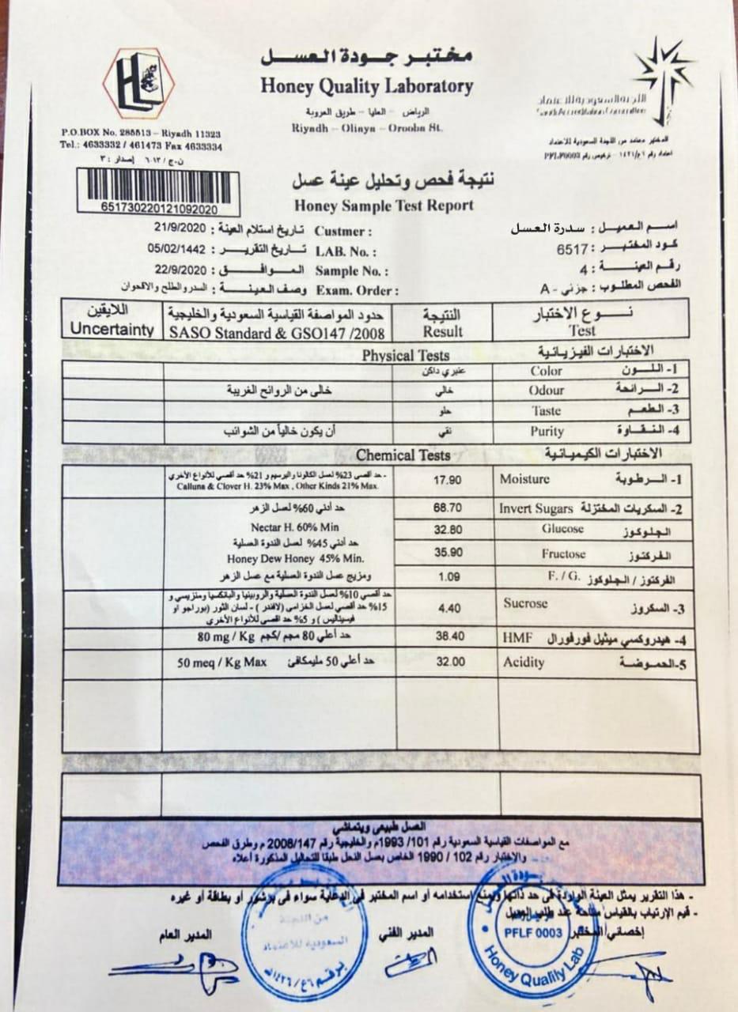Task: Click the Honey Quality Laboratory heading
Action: pyautogui.click(x=365, y=86)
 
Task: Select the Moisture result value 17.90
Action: pyautogui.click(x=447, y=480)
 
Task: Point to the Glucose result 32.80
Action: pyautogui.click(x=447, y=531)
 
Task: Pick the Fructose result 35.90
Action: pyautogui.click(x=447, y=553)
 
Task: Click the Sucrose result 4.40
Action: pyautogui.click(x=447, y=609)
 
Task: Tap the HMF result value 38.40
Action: pyautogui.click(x=447, y=636)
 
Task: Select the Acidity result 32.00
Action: pyautogui.click(x=447, y=662)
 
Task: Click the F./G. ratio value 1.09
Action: pyautogui.click(x=448, y=578)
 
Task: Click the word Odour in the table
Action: pyautogui.click(x=546, y=391)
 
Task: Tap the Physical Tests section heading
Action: pyautogui.click(x=405, y=356)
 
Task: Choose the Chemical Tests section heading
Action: pyautogui.click(x=403, y=455)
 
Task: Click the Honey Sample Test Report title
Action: pyautogui.click(x=384, y=206)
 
